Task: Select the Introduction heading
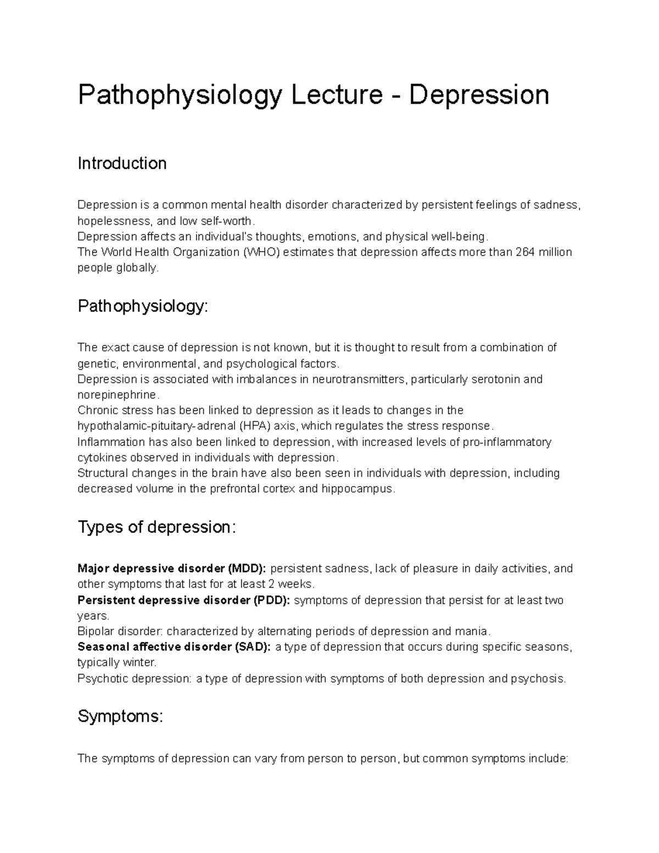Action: tap(122, 164)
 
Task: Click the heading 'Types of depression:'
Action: tap(157, 527)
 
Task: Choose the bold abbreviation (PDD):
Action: tap(271, 600)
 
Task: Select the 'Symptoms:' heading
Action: tap(120, 716)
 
